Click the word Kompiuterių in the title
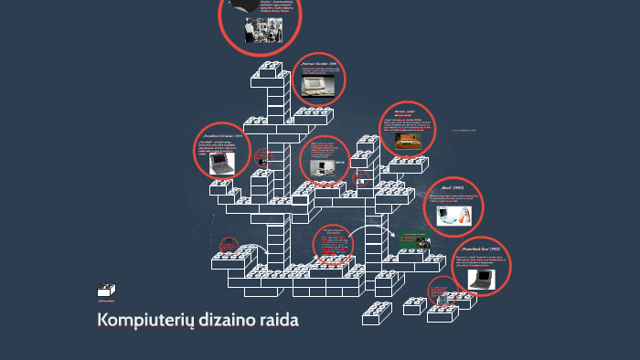144,322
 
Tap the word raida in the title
280,322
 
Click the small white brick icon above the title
105,291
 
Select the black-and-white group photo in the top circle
257,30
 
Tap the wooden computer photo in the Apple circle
408,142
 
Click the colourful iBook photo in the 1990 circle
453,215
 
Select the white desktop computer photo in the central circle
321,167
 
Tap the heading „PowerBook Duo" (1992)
481,249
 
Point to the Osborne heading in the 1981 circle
320,64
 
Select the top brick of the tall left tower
271,69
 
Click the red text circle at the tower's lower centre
335,245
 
